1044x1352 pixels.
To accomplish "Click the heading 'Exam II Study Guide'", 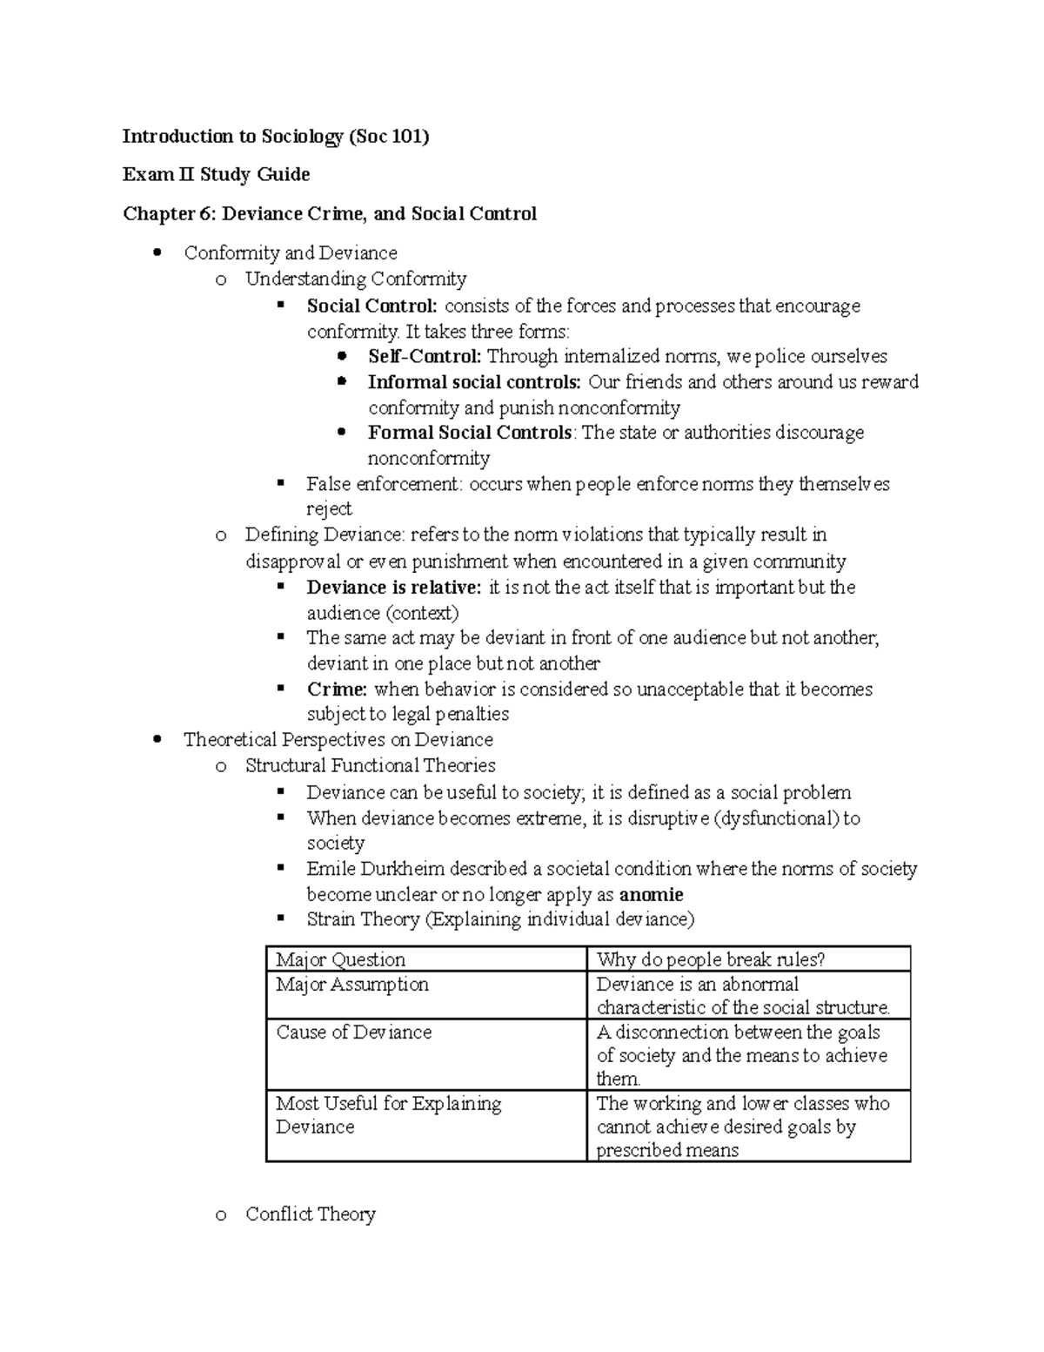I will pyautogui.click(x=216, y=174).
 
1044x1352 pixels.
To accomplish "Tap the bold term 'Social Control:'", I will pyautogui.click(x=371, y=306).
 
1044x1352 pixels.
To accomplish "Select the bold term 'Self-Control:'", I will pyautogui.click(x=425, y=356).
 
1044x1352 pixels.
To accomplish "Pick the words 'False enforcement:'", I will pyautogui.click(x=385, y=484).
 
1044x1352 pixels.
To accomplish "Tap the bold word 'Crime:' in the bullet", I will pyautogui.click(x=338, y=689).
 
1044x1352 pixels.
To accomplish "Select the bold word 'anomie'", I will pyautogui.click(x=651, y=894).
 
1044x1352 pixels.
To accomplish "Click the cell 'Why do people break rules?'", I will pyautogui.click(x=711, y=959).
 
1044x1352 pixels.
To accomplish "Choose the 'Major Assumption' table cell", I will pyautogui.click(x=352, y=985).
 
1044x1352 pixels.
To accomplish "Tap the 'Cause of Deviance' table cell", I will pyautogui.click(x=354, y=1032).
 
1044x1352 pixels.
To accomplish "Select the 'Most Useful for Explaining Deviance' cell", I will pyautogui.click(x=388, y=1114).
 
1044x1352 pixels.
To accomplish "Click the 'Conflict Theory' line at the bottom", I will pyautogui.click(x=311, y=1214).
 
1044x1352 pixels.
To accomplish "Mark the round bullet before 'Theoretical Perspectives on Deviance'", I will pyautogui.click(x=157, y=740).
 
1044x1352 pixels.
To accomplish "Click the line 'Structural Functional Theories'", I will pyautogui.click(x=370, y=765).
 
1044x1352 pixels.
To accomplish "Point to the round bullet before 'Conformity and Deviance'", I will pyautogui.click(x=157, y=253).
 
